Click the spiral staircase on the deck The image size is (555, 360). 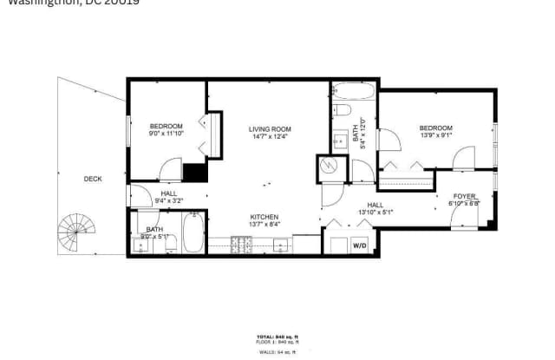75,232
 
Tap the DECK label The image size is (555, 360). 93,179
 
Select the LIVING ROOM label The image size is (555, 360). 269,128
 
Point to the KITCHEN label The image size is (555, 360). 264,217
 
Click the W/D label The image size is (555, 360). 358,245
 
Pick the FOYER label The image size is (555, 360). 465,196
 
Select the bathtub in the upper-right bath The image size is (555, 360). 353,92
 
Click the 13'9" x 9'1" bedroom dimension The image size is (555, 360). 435,136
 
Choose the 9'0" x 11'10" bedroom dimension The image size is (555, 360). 166,134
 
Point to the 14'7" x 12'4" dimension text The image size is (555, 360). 269,136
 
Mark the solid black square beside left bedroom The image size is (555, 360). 195,171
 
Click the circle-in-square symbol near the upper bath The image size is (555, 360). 329,164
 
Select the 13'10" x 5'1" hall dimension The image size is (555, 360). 375,212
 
